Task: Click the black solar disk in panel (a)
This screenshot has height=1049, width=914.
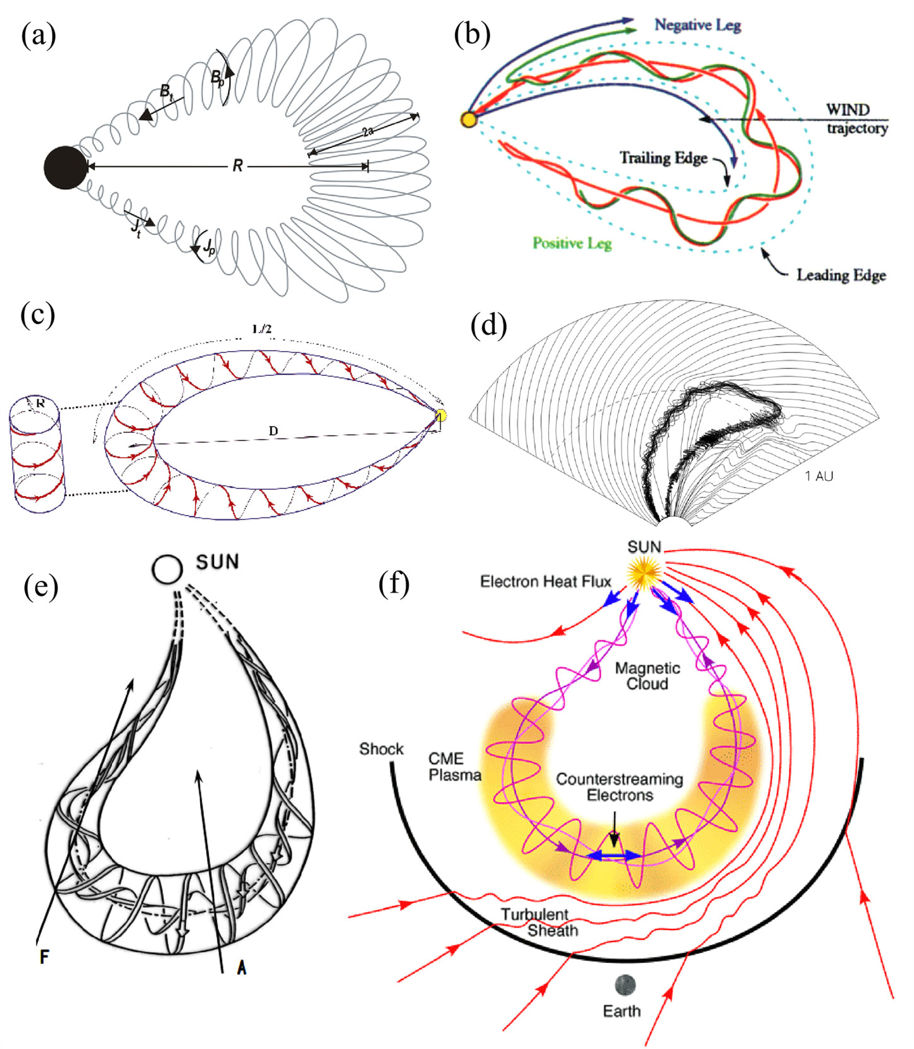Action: pos(65,168)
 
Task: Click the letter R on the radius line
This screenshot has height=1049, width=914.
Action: pos(237,166)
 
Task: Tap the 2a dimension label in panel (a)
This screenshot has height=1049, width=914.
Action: pos(368,132)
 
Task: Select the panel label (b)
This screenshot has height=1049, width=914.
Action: pos(472,34)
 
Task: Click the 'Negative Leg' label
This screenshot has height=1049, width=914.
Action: pos(697,25)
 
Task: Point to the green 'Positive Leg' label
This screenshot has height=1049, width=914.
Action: pos(572,243)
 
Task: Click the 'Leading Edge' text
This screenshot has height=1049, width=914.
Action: pos(841,275)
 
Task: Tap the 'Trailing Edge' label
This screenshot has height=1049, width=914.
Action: pos(663,158)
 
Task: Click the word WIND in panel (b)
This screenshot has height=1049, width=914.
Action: pos(847,109)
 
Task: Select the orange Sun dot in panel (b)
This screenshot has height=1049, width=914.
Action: pos(468,119)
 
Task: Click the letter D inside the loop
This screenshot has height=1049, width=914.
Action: pos(273,431)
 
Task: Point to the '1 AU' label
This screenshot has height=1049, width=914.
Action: pos(819,476)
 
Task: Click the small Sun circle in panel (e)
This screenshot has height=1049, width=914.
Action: pos(167,569)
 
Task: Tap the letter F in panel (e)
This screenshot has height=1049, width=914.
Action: pos(44,956)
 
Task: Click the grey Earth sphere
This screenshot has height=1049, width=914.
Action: pos(625,984)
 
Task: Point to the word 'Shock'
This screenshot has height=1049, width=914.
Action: pos(381,748)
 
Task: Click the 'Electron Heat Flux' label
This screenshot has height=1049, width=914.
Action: pos(545,581)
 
